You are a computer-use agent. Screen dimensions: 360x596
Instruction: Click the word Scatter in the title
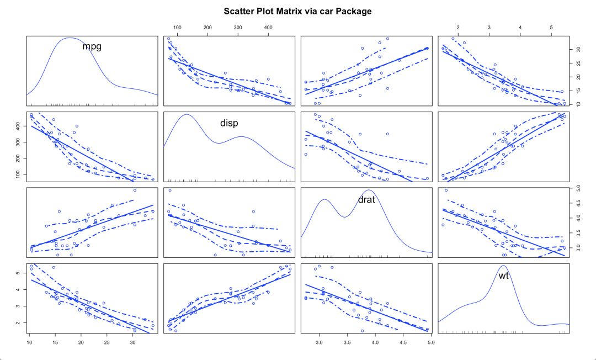(239, 11)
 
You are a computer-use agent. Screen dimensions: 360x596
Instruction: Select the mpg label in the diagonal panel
(92, 46)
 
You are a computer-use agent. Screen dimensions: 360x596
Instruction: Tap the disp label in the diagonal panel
(229, 123)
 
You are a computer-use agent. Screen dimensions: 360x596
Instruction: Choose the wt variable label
(503, 275)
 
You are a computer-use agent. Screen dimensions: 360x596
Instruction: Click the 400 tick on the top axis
(268, 27)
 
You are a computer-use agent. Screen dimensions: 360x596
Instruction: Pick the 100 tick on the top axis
(177, 27)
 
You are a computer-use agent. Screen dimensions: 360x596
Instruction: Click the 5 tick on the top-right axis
(551, 27)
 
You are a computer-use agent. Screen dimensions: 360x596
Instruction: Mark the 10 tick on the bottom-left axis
(29, 342)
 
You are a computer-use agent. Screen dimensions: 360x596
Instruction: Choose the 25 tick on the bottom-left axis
(107, 342)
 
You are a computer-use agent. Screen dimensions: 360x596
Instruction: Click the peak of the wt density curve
(504, 266)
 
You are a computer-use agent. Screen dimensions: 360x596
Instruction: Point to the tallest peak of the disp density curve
(186, 114)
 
